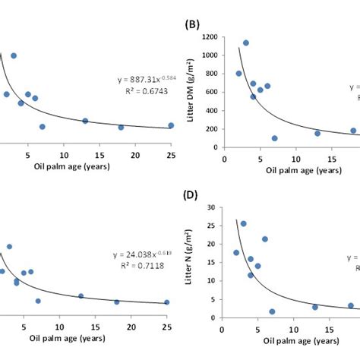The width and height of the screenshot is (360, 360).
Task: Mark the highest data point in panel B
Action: pos(245,43)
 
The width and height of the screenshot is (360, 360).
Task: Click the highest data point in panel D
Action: pos(243,223)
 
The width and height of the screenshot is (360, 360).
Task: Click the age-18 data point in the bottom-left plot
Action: pos(117,302)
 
